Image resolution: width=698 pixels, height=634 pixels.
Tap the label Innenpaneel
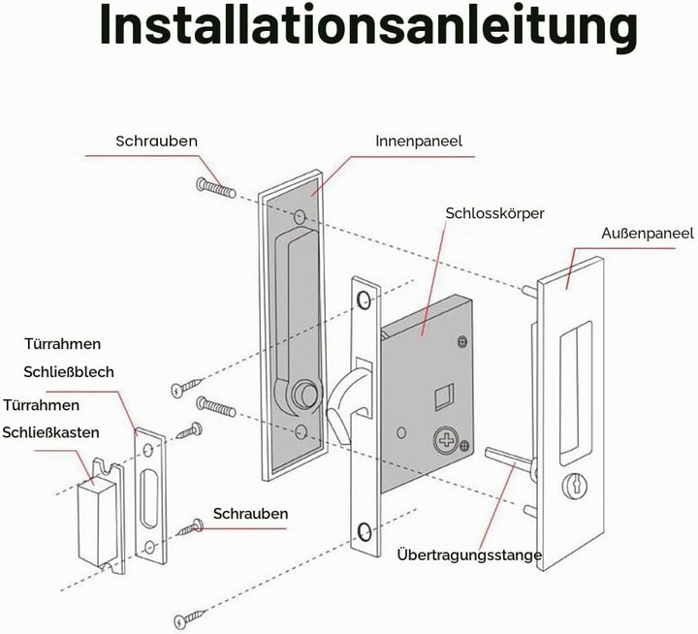pos(419,142)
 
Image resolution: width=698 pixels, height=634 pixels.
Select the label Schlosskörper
pos(494,213)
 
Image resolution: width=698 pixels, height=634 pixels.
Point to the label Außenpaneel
pos(648,233)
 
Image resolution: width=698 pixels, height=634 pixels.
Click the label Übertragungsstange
pos(469,555)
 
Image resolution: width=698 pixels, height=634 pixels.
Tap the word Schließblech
pos(69,371)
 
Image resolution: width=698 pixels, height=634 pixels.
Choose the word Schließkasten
pos(50,432)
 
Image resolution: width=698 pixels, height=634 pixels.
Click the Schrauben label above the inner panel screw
pos(156,142)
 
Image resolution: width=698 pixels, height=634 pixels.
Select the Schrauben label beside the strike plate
pos(251,514)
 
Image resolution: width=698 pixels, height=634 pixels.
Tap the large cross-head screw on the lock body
pos(446,441)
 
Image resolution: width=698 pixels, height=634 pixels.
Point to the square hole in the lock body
pos(443,396)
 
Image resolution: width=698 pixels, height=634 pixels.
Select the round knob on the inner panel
pos(305,392)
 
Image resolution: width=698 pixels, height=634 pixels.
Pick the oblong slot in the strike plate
pos(149,496)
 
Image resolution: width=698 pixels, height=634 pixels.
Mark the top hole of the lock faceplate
pos(365,300)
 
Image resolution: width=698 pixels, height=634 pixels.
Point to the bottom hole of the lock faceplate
pos(365,532)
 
